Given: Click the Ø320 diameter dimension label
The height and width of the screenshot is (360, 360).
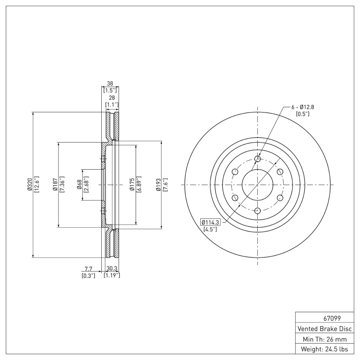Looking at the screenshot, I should click(29, 184).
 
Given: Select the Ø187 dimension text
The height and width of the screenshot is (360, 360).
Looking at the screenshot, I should click(54, 184).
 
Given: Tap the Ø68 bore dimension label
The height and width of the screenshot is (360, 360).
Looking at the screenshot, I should click(79, 184).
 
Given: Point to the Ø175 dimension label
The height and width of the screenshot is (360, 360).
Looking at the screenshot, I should click(131, 184).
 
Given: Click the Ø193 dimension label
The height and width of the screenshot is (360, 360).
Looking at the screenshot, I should click(157, 184).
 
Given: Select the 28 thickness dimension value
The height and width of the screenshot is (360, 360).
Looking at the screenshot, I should click(112, 98).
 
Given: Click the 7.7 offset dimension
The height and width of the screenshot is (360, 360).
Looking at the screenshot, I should click(88, 269).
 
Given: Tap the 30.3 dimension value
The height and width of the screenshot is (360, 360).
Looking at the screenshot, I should click(112, 269).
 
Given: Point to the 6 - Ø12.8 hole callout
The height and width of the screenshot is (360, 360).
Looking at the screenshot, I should click(303, 107).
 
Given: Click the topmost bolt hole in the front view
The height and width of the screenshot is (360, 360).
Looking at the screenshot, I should click(257, 159).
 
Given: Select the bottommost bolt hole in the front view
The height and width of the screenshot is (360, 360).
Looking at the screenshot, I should click(257, 211).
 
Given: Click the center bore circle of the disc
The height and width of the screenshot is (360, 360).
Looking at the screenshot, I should click(257, 184).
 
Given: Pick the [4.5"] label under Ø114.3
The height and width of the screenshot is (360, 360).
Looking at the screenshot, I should click(210, 229).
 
